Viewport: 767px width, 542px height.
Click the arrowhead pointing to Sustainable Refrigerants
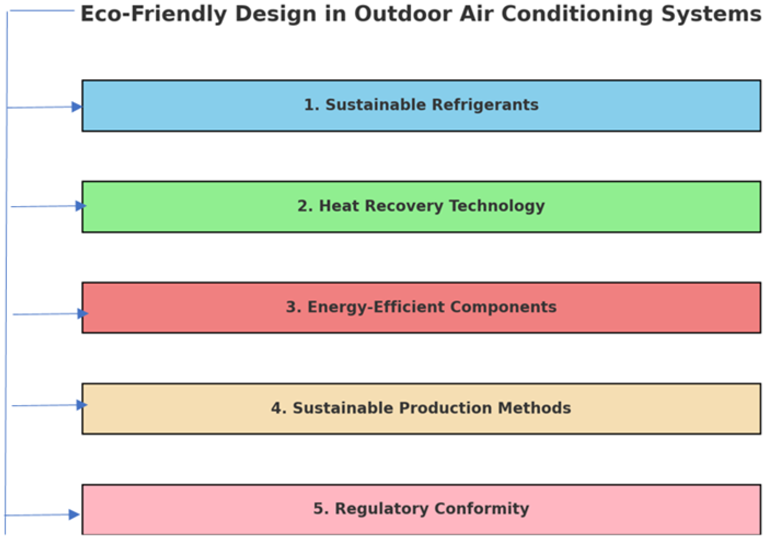tap(77, 107)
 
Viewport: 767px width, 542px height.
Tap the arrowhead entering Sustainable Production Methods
tap(82, 405)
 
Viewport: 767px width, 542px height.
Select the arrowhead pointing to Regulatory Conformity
tap(74, 514)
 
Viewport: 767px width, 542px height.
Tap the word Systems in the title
tap(711, 15)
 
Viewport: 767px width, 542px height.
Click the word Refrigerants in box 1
tap(485, 105)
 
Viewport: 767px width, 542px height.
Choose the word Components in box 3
tap(503, 307)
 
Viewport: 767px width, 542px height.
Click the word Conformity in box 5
tap(482, 509)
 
